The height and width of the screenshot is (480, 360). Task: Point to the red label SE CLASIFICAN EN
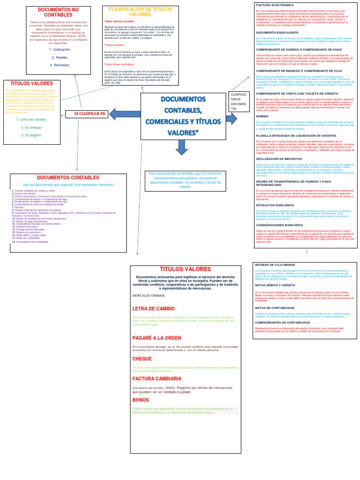87,113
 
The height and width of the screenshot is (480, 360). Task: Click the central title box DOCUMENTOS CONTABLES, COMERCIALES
183,116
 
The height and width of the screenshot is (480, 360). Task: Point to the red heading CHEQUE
142,359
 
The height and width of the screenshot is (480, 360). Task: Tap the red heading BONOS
141,399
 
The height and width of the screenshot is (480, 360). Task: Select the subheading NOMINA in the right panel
262,115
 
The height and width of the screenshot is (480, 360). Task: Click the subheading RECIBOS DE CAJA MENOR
277,265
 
